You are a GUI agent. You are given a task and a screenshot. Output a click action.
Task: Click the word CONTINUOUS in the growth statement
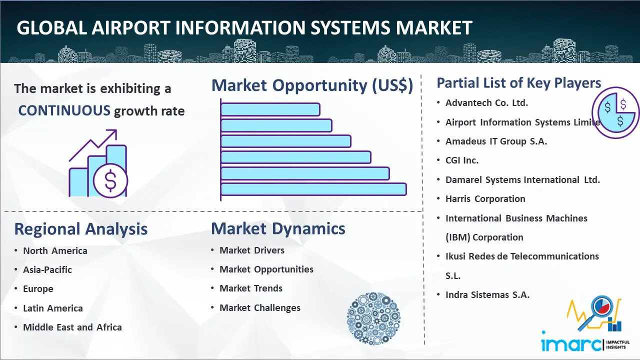(64, 110)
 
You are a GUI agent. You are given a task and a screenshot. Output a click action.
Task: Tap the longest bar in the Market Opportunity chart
(313, 189)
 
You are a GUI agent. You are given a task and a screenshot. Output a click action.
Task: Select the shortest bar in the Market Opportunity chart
(270, 109)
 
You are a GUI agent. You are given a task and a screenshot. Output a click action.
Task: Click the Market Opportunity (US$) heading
(312, 85)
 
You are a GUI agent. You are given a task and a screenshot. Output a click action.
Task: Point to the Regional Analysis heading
(81, 229)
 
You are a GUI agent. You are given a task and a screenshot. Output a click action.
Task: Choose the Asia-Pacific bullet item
(47, 269)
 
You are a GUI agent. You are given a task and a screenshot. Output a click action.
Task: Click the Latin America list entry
(53, 308)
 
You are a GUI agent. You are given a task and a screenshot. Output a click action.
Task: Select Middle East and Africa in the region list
(72, 327)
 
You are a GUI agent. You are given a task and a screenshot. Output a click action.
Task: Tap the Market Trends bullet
(251, 288)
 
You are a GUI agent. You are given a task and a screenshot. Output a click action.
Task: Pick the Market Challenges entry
(260, 307)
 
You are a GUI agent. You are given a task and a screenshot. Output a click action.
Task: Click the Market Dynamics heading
(278, 228)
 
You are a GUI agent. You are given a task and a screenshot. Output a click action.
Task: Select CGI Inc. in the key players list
(462, 160)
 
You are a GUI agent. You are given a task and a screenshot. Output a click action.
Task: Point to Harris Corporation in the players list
(485, 199)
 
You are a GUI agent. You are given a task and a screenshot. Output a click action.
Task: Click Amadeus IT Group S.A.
(496, 141)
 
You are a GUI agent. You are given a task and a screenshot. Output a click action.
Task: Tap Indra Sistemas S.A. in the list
(487, 294)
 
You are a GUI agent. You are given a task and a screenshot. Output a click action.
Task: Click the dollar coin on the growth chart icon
(110, 181)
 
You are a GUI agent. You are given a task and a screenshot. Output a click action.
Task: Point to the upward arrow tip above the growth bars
(116, 130)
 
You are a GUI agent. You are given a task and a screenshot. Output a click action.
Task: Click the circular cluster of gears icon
(373, 318)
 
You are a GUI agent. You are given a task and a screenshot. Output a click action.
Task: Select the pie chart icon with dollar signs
(615, 113)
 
